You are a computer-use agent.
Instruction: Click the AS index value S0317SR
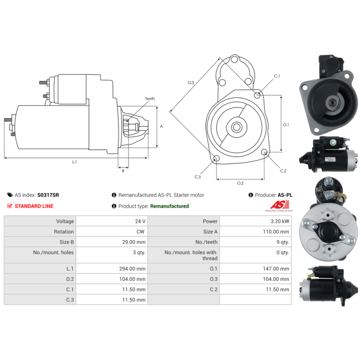(x=48, y=195)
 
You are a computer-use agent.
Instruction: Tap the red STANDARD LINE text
(x=34, y=206)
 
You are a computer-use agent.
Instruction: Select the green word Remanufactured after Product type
(x=170, y=206)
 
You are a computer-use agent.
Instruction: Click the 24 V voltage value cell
(x=140, y=221)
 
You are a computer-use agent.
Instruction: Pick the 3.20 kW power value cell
(x=280, y=221)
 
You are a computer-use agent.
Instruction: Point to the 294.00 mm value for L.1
(x=132, y=268)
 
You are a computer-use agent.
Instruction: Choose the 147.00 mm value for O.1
(x=276, y=268)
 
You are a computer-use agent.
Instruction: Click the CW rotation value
(x=140, y=231)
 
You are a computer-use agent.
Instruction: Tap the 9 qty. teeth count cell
(x=283, y=242)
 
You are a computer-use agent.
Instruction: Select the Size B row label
(x=67, y=242)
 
